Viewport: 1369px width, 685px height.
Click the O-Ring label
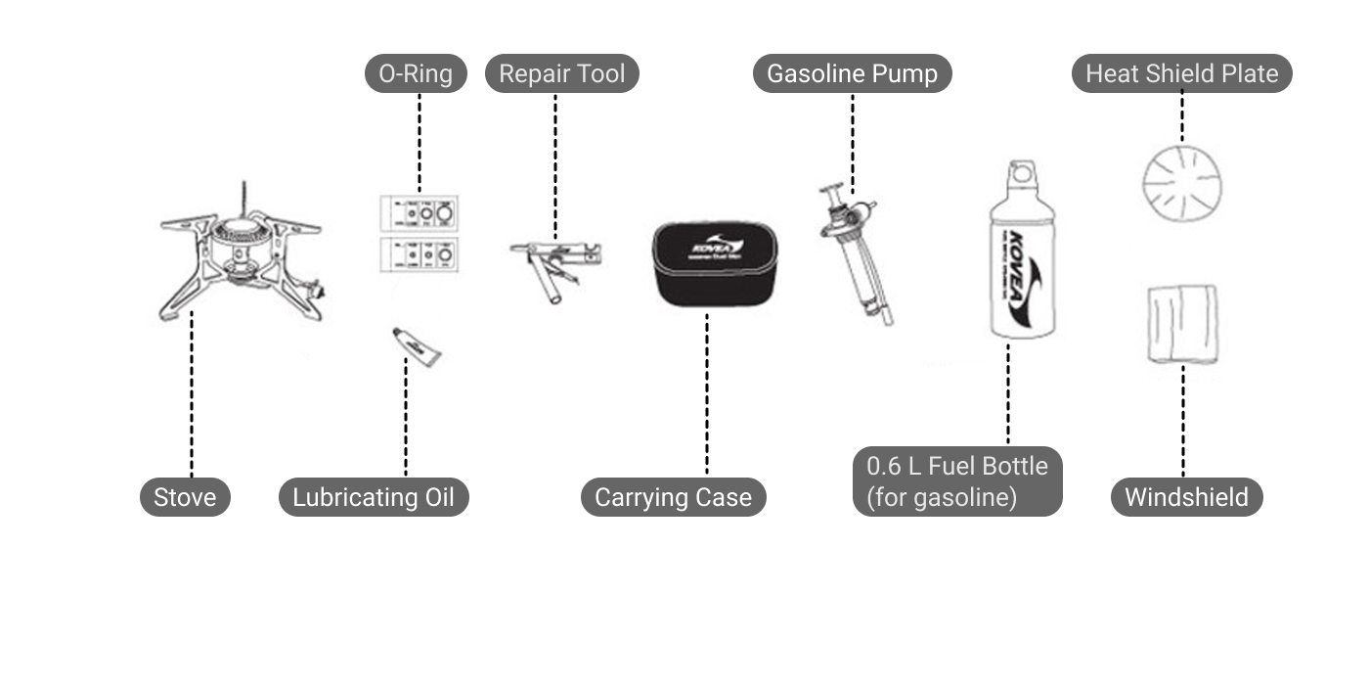416,74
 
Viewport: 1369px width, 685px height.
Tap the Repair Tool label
561,74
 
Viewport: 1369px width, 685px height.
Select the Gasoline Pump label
852,74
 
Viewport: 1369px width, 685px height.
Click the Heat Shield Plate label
1181,74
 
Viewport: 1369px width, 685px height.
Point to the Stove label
185,497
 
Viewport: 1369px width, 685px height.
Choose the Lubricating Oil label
374,497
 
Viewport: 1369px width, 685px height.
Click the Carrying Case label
673,497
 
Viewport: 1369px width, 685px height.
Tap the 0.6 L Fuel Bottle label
957,480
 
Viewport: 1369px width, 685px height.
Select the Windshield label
1186,497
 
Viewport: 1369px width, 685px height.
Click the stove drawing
241,259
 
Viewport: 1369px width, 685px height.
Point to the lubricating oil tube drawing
416,345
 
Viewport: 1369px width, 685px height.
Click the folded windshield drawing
1183,324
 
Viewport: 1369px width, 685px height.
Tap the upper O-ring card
420,212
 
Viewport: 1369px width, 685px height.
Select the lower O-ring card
420,255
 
